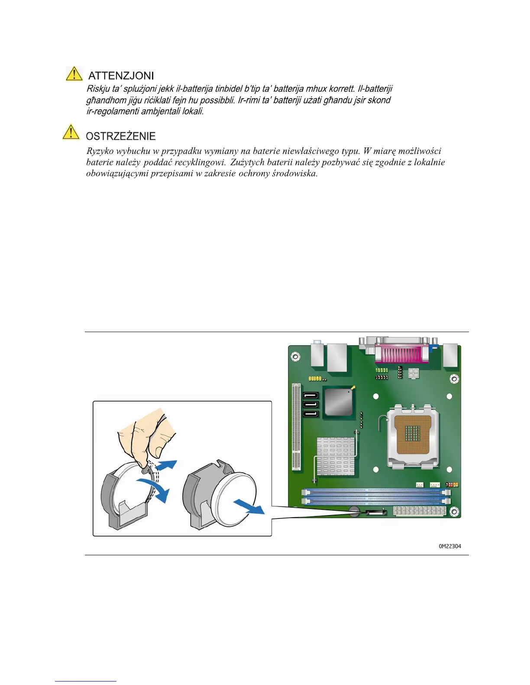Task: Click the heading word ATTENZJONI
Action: pos(121,76)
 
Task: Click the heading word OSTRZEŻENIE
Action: pos(121,136)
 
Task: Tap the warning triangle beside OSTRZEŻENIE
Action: pos(71,132)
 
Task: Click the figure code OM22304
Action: pos(450,546)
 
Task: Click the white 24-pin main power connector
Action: pos(420,512)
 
